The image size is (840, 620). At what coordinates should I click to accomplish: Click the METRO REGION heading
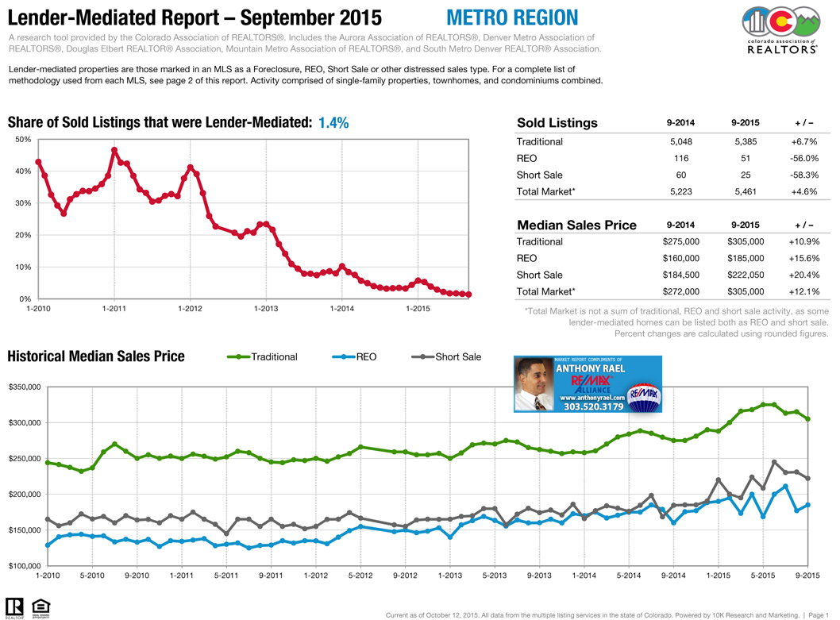pos(511,17)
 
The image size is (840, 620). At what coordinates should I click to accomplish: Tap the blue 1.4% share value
pos(333,123)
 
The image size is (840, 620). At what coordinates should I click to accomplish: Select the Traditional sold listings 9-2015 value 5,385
pos(746,141)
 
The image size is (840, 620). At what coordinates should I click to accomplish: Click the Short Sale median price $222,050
pos(746,275)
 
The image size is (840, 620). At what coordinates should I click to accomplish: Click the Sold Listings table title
pos(557,123)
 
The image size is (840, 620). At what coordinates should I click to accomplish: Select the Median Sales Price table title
pos(576,225)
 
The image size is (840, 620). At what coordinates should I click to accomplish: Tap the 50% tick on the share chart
pos(23,140)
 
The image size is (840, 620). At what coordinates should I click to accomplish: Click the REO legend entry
pos(366,357)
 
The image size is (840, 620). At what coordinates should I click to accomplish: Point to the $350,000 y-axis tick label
pos(25,387)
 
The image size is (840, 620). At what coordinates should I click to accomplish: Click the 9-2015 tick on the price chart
pos(807,576)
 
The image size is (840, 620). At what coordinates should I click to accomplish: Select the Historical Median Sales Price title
pos(96,356)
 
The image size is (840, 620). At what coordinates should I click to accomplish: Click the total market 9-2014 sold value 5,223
pos(681,191)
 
